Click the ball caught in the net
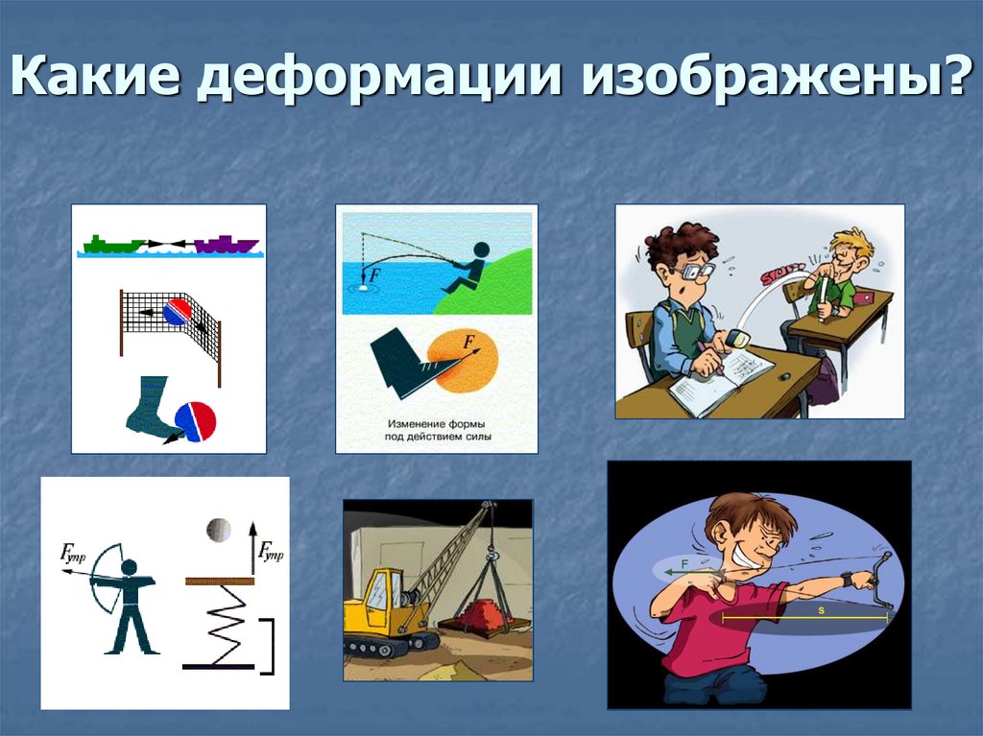[x=177, y=313]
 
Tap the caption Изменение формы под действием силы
[x=436, y=430]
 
